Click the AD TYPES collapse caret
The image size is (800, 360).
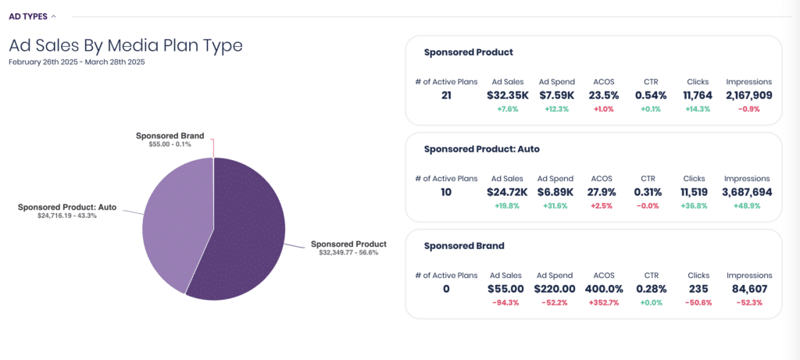54,17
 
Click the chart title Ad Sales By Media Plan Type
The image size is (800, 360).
126,46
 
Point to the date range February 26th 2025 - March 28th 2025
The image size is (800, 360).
77,62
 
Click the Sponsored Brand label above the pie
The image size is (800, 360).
170,136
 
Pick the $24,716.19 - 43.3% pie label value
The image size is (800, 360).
67,216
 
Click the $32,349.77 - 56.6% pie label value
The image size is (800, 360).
348,252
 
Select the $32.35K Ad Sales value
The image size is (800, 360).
508,95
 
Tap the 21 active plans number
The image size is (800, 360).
446,95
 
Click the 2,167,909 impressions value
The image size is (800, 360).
749,95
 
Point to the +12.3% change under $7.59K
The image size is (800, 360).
556,109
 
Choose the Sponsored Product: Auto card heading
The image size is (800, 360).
481,149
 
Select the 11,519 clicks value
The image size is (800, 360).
695,192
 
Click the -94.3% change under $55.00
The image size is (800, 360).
505,303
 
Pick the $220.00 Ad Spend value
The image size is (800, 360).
555,289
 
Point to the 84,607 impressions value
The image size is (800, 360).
749,289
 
